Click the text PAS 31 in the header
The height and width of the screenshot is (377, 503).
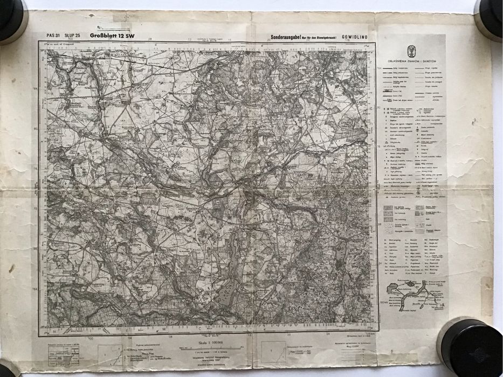[x=53, y=36]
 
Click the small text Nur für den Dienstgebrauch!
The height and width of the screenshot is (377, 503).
[x=322, y=37]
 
